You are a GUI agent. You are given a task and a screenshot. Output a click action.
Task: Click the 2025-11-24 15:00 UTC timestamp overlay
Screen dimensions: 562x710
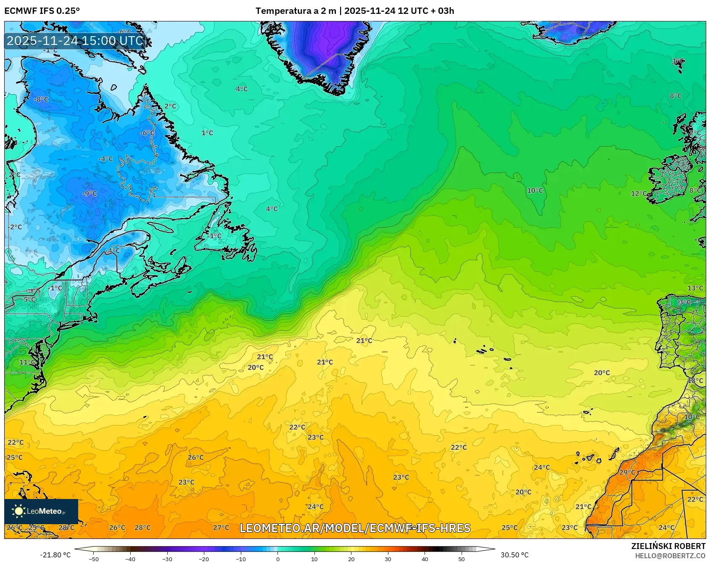pyautogui.click(x=75, y=41)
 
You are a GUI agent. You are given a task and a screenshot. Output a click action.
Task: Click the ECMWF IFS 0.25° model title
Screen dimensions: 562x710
pyautogui.click(x=42, y=11)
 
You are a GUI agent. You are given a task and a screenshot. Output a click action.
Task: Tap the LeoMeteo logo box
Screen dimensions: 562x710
pyautogui.click(x=41, y=511)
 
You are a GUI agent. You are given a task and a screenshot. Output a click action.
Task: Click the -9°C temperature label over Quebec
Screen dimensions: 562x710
pyautogui.click(x=90, y=193)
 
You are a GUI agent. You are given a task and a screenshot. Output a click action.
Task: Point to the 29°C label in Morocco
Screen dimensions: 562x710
pyautogui.click(x=627, y=472)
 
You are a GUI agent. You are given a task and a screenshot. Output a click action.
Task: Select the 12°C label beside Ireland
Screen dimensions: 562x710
pyautogui.click(x=639, y=193)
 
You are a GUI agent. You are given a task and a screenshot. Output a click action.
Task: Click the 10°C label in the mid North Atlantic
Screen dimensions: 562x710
pyautogui.click(x=535, y=190)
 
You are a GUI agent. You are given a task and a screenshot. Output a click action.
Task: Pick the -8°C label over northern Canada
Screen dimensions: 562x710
pyautogui.click(x=41, y=100)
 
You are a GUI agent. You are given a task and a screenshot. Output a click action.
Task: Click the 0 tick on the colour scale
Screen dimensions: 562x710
pyautogui.click(x=277, y=559)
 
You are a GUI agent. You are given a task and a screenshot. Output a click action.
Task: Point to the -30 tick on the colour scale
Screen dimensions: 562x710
pyautogui.click(x=167, y=559)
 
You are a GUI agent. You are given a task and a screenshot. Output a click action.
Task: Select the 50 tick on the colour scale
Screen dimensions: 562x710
pyautogui.click(x=462, y=559)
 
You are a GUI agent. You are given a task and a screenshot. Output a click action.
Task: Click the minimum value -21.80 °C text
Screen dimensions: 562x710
pyautogui.click(x=55, y=555)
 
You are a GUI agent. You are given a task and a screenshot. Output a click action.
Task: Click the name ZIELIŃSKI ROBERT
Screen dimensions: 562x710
pyautogui.click(x=668, y=546)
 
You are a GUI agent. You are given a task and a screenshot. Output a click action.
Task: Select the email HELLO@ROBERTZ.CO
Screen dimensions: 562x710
pyautogui.click(x=670, y=556)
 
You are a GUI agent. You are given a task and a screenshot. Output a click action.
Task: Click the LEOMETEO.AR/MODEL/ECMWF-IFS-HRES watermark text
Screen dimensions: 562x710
pyautogui.click(x=355, y=528)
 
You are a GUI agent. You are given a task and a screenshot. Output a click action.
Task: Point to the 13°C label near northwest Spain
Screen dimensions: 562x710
pyautogui.click(x=695, y=288)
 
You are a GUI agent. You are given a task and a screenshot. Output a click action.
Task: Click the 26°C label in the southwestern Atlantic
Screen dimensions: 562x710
pyautogui.click(x=195, y=457)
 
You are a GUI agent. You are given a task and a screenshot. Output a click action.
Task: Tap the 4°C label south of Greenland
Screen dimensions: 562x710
pyautogui.click(x=242, y=89)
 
